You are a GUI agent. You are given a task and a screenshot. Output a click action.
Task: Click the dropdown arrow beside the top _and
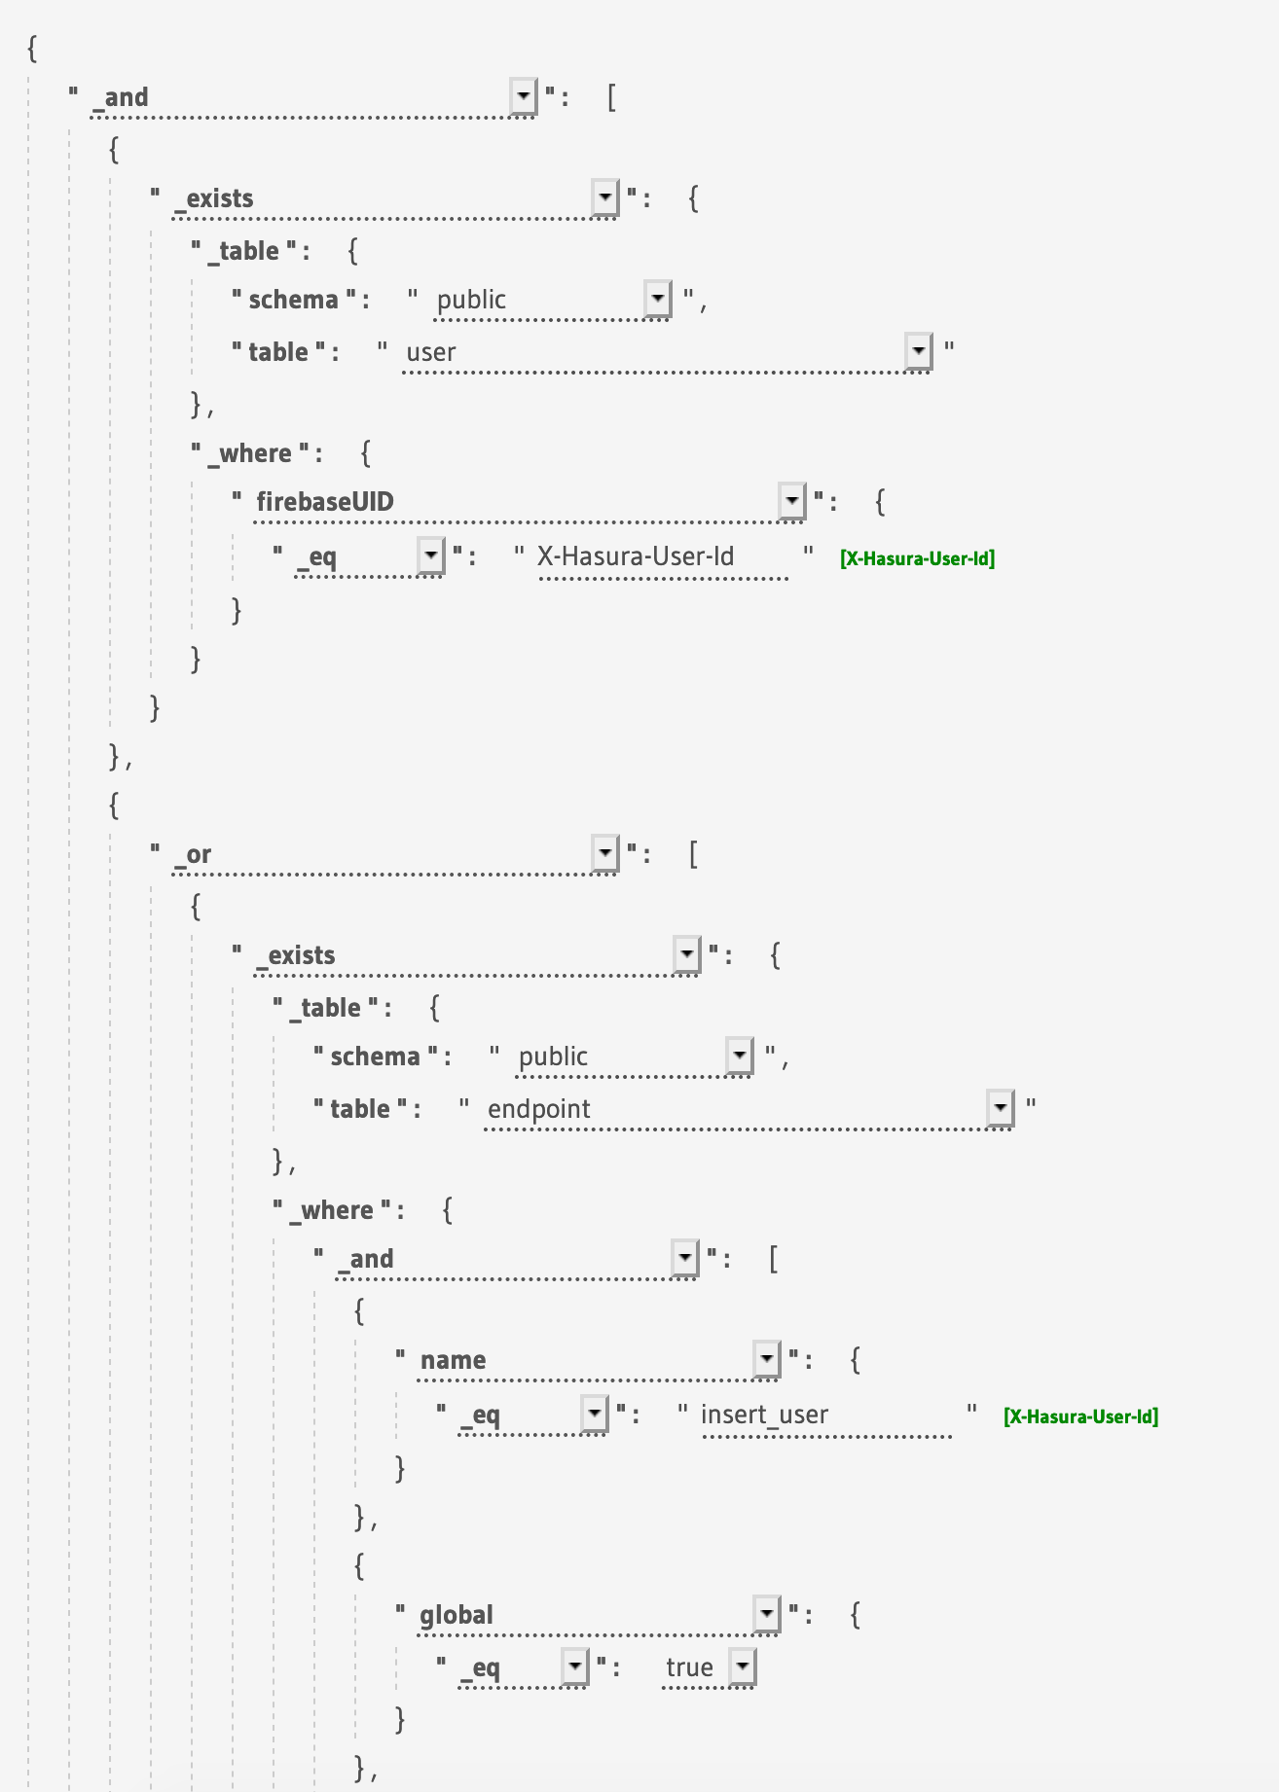click(x=524, y=96)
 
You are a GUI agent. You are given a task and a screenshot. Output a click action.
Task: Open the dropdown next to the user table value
click(x=918, y=351)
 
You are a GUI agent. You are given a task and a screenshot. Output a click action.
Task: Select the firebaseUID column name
click(x=325, y=502)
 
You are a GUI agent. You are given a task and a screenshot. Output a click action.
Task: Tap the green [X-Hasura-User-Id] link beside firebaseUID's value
click(x=917, y=558)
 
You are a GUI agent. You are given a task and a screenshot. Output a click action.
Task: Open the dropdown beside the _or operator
click(x=605, y=853)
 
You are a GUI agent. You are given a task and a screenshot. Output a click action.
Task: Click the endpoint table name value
click(x=539, y=1109)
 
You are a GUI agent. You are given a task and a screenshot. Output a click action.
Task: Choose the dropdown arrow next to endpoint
click(x=1000, y=1108)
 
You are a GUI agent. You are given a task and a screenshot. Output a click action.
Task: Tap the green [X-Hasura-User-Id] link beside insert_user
click(x=1080, y=1416)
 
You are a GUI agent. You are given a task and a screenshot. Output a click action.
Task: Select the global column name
click(x=457, y=1615)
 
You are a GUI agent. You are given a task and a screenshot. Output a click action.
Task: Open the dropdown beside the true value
click(x=743, y=1667)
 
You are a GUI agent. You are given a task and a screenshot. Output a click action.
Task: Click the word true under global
click(x=689, y=1667)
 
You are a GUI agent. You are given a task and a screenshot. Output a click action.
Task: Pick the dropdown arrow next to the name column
click(x=767, y=1359)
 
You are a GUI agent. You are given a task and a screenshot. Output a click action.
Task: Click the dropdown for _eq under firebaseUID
click(x=431, y=556)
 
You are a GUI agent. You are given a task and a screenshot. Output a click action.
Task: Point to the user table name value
click(x=431, y=352)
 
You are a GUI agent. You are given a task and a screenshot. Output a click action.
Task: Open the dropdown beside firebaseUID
click(x=792, y=501)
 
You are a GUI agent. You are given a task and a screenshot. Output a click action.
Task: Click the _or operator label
click(x=198, y=854)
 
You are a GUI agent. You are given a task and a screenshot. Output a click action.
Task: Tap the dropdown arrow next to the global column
click(x=767, y=1614)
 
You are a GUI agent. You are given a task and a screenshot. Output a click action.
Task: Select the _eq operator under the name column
click(x=480, y=1415)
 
